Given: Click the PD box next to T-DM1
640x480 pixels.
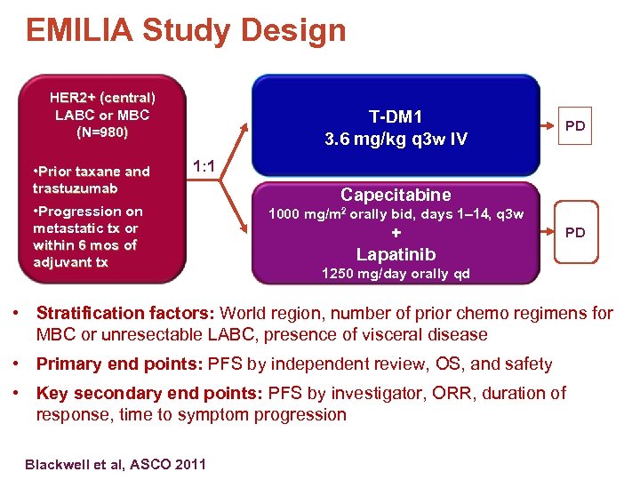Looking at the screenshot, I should pos(575,125).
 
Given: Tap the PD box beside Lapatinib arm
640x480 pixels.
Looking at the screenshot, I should pos(575,232).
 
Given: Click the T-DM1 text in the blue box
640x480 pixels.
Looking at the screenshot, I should pos(396,116).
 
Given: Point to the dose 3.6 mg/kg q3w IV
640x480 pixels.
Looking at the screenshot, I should pos(396,140).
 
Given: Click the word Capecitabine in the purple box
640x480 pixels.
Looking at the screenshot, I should pos(396,195).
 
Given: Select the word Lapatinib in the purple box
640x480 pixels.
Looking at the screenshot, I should pos(396,254).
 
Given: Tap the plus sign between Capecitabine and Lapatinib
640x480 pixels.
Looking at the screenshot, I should pos(396,234).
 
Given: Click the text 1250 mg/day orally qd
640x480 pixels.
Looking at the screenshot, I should pos(396,274).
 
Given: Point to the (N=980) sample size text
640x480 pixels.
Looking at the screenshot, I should pos(102,132).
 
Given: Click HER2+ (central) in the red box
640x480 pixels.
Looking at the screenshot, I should pos(102,97).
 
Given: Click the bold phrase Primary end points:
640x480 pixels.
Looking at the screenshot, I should pos(119,364).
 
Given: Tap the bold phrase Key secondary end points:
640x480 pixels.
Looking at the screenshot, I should pos(144,393).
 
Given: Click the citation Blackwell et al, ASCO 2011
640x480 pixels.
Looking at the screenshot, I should pos(116,464).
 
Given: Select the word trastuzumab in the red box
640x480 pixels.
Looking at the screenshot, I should pos(75,188).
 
